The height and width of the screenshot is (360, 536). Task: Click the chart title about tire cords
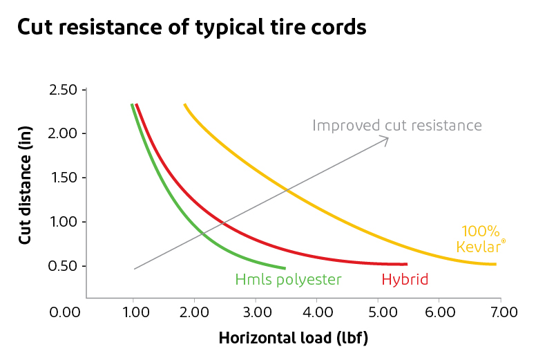[191, 28]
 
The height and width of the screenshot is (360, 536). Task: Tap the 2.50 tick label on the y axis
[64, 90]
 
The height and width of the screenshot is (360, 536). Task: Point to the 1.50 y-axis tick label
[64, 178]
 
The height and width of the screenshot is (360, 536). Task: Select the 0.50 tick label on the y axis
[64, 267]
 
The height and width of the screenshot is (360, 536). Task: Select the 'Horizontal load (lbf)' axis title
[293, 339]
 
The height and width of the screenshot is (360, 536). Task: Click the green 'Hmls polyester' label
[288, 280]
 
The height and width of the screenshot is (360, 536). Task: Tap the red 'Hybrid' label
[405, 280]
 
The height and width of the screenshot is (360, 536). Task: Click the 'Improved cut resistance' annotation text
[396, 125]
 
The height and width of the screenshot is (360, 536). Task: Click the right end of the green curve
[285, 267]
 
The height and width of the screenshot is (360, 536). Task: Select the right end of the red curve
[406, 264]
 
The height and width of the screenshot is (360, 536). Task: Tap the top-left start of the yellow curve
[185, 105]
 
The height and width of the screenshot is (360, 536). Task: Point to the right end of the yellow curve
[495, 264]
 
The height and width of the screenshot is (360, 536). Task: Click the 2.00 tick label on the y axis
[64, 134]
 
